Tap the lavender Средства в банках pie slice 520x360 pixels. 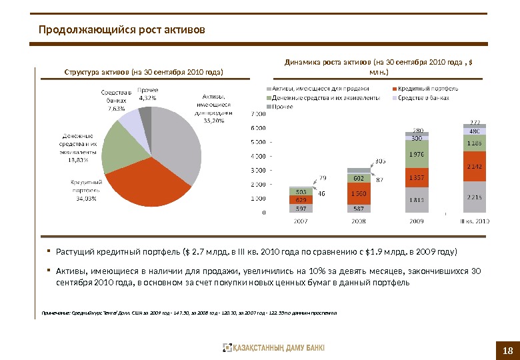[130, 125]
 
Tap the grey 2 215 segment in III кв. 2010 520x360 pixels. [475, 197]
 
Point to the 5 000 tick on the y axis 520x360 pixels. [257, 142]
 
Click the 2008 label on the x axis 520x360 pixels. [358, 221]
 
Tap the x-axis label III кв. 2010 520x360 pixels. [475, 221]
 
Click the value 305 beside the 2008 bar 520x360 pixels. [381, 161]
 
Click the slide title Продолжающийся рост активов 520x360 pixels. [122, 30]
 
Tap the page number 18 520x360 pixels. [507, 351]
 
